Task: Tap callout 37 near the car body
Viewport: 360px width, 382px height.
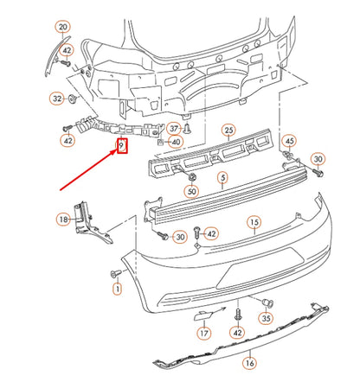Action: (x=174, y=128)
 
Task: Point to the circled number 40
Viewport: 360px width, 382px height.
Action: (x=176, y=142)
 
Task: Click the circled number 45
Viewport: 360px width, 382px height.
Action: (x=289, y=141)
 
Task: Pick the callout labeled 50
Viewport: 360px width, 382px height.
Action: (x=191, y=190)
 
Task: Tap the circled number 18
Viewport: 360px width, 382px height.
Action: (x=63, y=220)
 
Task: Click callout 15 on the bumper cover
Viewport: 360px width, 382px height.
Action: (x=254, y=222)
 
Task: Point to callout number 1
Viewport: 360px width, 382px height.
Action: (x=116, y=288)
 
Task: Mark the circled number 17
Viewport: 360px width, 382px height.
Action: (x=204, y=332)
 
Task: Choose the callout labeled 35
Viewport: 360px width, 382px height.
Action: (x=267, y=318)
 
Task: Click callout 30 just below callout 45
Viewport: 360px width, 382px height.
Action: (x=318, y=160)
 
